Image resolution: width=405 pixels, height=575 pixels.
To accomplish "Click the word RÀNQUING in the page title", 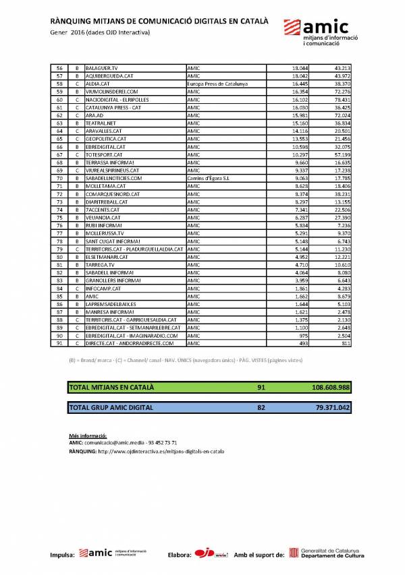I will pyautogui.click(x=73, y=21).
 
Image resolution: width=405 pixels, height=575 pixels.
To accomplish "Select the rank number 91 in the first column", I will pyautogui.click(x=59, y=343).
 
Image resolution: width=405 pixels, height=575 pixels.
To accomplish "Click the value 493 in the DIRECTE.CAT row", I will pyautogui.click(x=304, y=343).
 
